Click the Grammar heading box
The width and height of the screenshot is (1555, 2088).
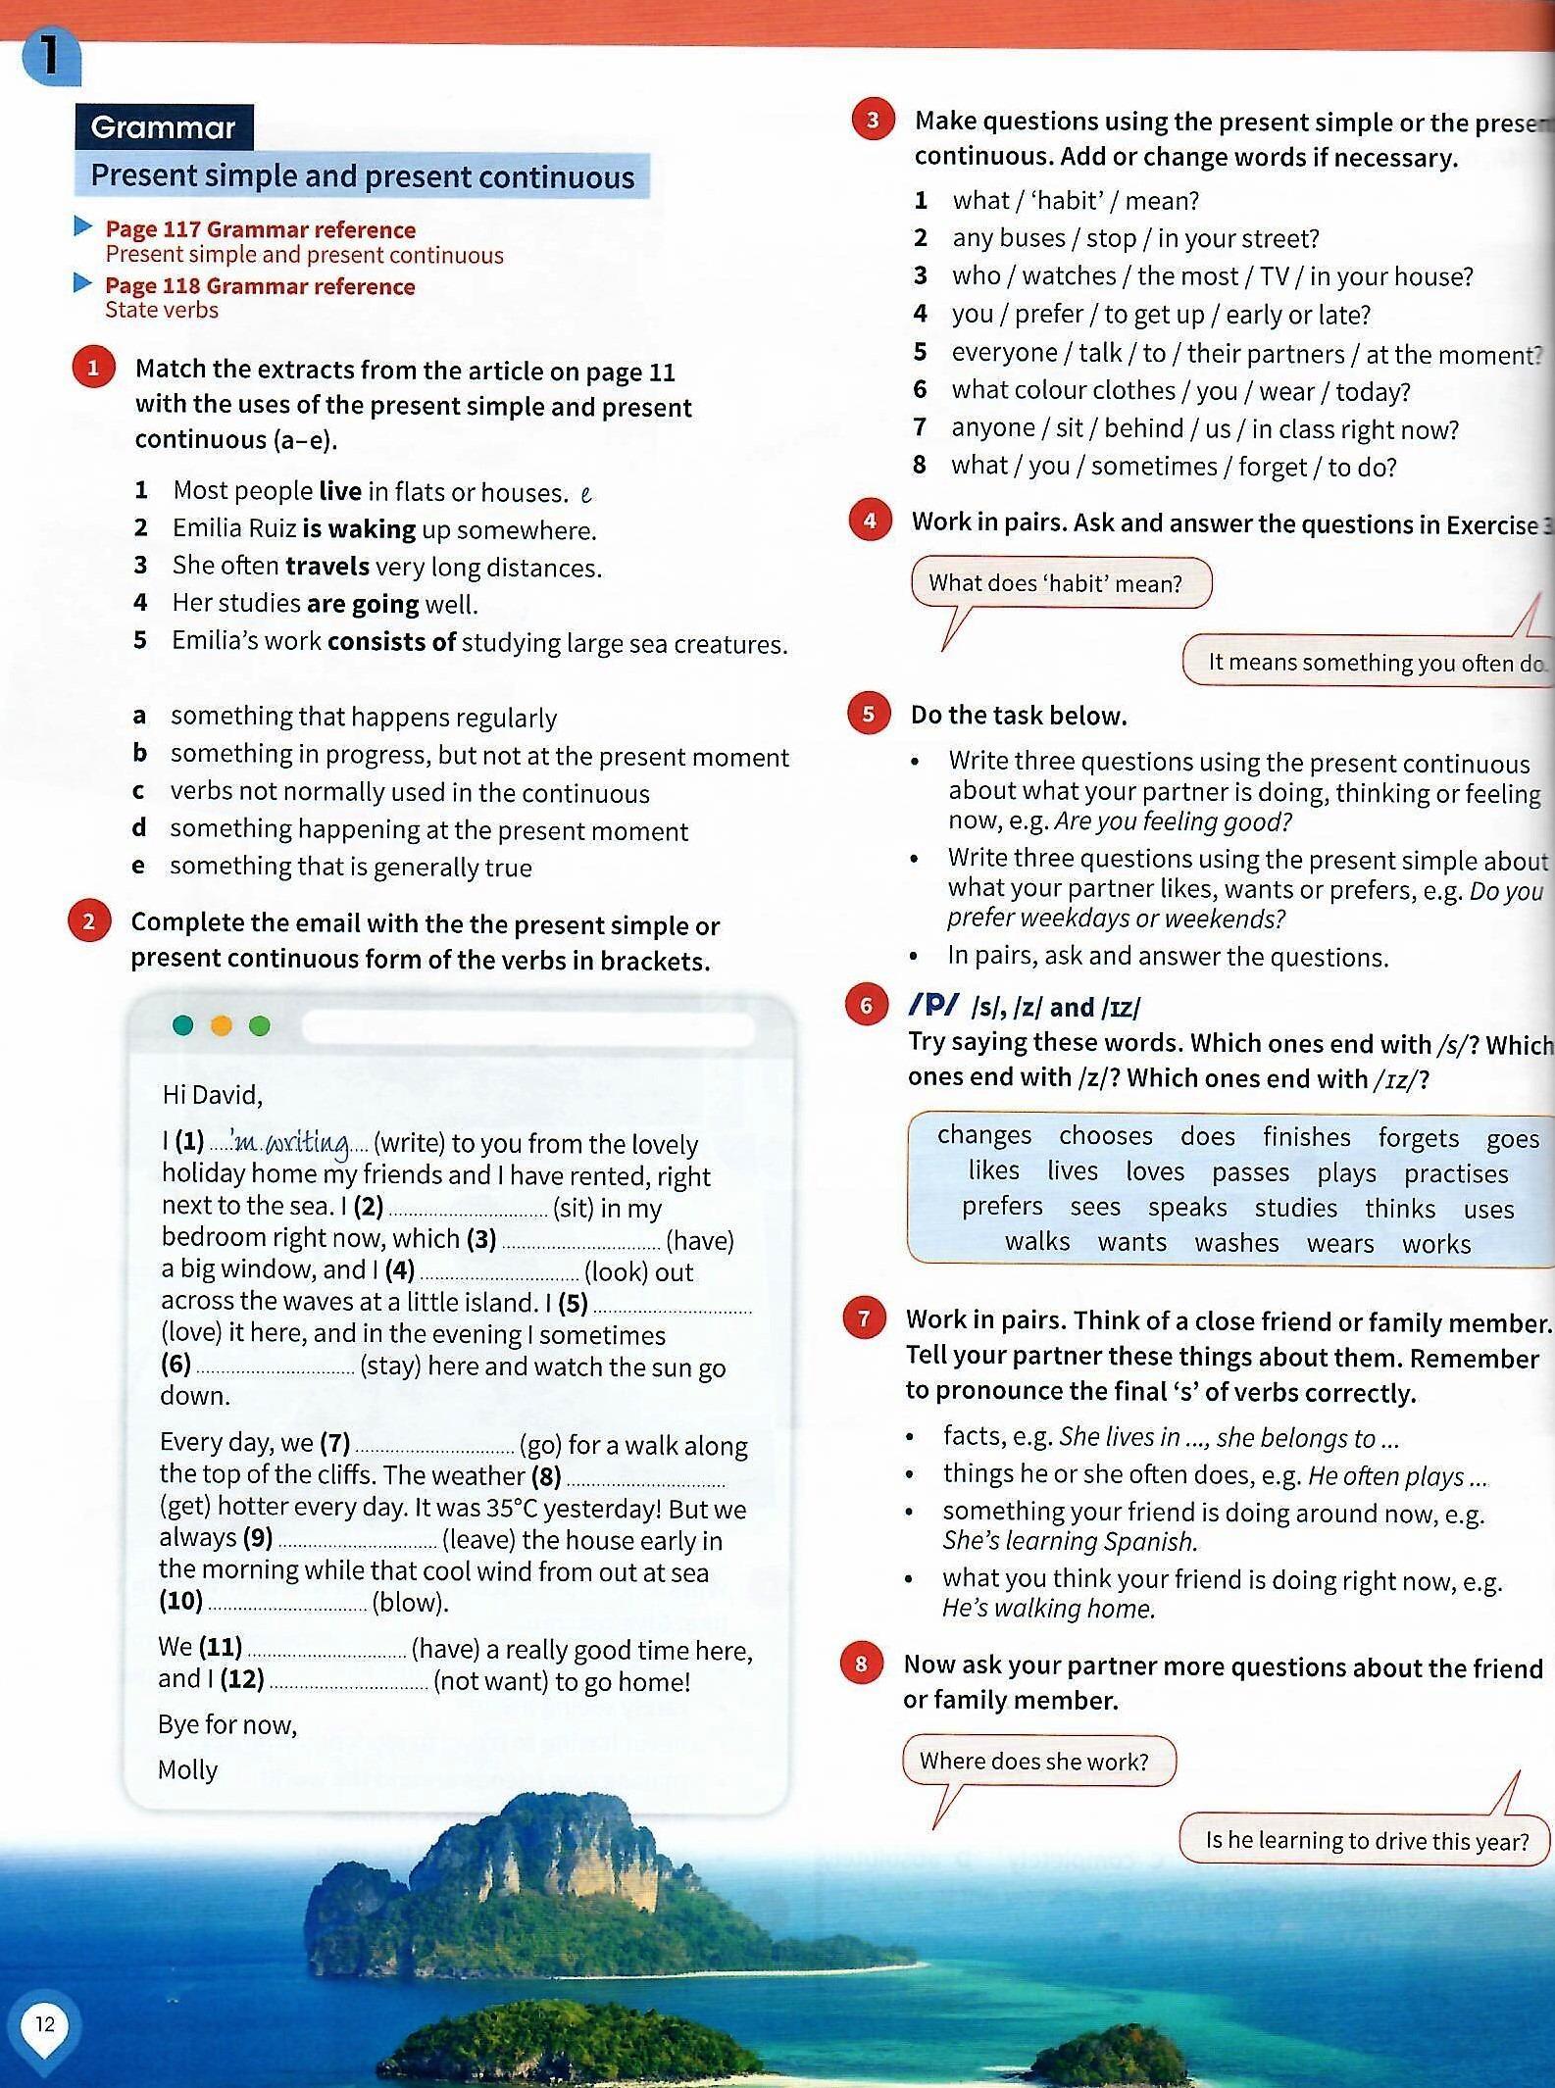[164, 127]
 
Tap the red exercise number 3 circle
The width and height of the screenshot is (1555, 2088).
[872, 121]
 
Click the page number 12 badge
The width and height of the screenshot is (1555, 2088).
[45, 2023]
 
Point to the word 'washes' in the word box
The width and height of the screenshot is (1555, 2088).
[1236, 1243]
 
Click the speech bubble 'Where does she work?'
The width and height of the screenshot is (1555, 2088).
[1035, 1761]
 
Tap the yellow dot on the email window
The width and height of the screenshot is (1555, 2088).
[222, 1025]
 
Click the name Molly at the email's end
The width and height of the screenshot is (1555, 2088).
[187, 1769]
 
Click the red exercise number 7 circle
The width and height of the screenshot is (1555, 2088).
[864, 1318]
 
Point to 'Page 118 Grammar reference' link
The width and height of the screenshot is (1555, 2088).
[260, 286]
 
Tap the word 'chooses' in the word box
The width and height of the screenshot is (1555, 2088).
[1105, 1135]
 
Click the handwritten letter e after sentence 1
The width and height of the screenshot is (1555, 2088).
[586, 494]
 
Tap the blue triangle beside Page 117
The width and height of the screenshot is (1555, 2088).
[83, 227]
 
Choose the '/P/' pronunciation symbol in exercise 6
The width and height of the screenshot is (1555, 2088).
[933, 1005]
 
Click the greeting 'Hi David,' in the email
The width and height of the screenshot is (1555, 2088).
[212, 1094]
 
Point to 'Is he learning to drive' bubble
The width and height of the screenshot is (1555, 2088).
[1365, 1840]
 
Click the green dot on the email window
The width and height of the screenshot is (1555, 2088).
[260, 1025]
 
